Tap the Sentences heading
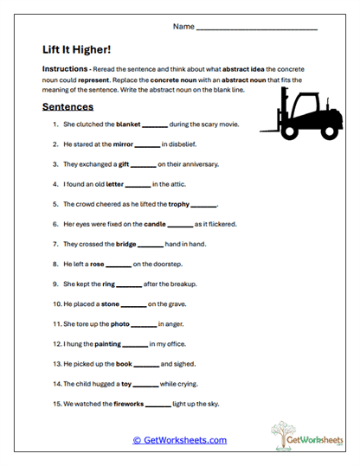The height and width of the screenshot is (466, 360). pyautogui.click(x=68, y=107)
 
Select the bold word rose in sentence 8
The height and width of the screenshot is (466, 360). pyautogui.click(x=97, y=264)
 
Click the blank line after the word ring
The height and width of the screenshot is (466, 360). pyautogui.click(x=128, y=284)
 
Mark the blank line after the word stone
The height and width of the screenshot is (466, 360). pyautogui.click(x=134, y=304)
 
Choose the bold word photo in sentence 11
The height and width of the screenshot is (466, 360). pyautogui.click(x=119, y=324)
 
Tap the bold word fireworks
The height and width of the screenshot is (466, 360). pyautogui.click(x=129, y=403)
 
